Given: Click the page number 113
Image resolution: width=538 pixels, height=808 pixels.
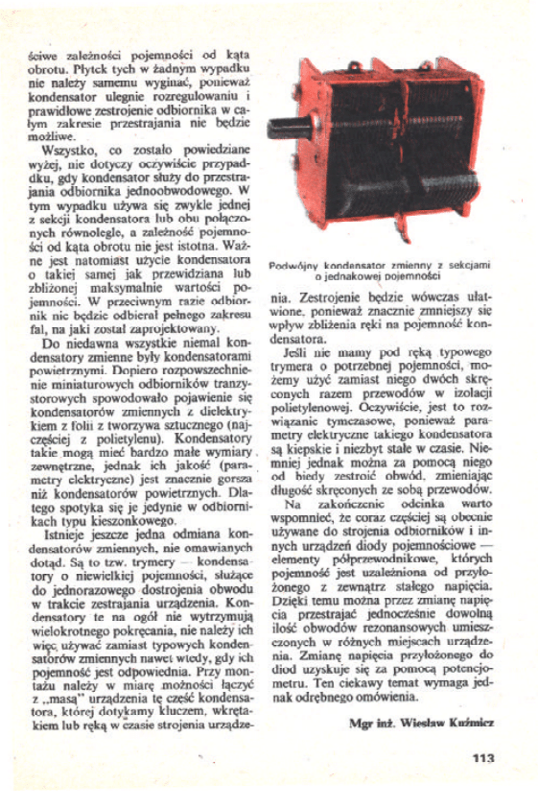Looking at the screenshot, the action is [482, 758].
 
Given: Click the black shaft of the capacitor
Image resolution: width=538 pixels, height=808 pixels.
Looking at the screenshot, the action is [288, 129].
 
